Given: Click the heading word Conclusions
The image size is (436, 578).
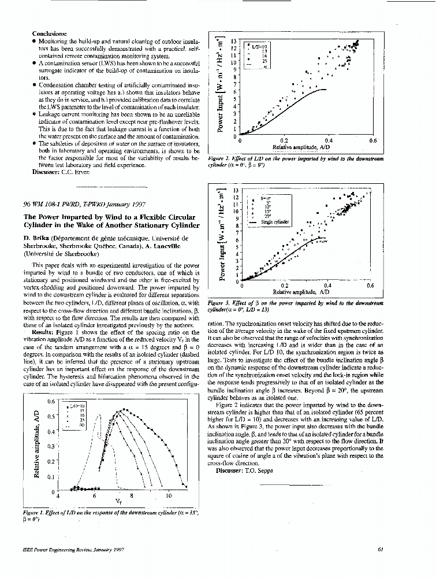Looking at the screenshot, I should point(50,35).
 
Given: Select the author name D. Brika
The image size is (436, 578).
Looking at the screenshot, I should point(37,238).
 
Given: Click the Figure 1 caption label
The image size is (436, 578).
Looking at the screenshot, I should point(38,513).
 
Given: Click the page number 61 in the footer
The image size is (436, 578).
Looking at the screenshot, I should point(381,549).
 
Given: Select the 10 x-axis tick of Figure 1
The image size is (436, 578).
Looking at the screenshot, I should point(169,496).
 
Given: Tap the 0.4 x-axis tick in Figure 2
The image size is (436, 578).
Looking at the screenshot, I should point(327,140).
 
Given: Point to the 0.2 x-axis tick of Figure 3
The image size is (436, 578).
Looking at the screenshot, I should point(284,286).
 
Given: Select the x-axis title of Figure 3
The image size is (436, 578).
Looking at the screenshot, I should point(305,292).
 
